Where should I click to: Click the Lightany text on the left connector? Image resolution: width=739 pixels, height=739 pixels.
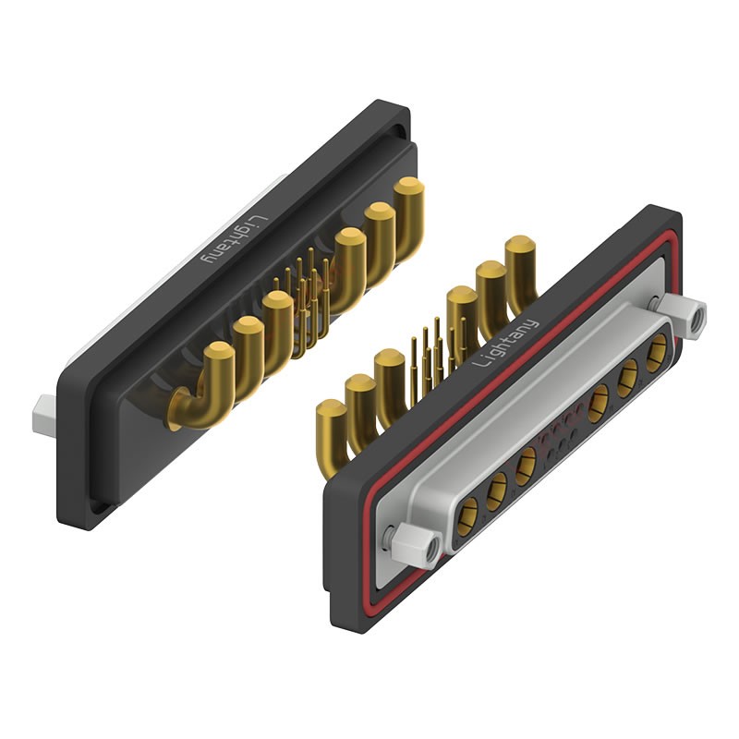click(x=235, y=240)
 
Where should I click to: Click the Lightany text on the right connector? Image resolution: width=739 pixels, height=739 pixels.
click(x=505, y=343)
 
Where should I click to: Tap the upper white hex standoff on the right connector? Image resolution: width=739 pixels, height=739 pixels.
click(x=682, y=315)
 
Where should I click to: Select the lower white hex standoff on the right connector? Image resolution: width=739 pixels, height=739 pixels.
click(x=417, y=546)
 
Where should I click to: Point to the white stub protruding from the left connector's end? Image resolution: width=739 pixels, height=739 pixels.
click(x=43, y=414)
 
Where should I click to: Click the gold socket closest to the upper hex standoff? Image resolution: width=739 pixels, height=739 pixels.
click(x=657, y=353)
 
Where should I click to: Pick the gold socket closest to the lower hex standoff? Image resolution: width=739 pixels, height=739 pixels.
click(x=468, y=516)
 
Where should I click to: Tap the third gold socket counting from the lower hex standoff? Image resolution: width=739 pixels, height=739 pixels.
click(x=526, y=466)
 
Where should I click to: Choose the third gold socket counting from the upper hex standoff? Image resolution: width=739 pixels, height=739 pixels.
click(x=599, y=404)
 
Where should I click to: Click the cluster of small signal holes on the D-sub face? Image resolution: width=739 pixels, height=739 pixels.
click(x=562, y=434)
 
